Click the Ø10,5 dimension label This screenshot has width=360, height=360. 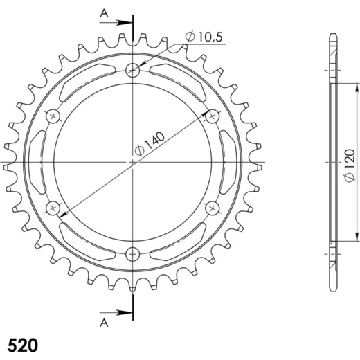click(204, 37)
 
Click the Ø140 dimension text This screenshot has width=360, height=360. click(150, 143)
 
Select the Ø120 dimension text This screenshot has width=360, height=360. click(350, 165)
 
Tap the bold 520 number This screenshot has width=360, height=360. click(23, 345)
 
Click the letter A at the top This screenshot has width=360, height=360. click(104, 14)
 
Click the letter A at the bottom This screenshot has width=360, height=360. click(104, 323)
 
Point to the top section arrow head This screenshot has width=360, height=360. click(125, 23)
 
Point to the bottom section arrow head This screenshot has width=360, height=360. click(125, 313)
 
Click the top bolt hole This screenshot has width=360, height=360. click(133, 70)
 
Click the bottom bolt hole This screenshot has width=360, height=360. click(133, 254)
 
